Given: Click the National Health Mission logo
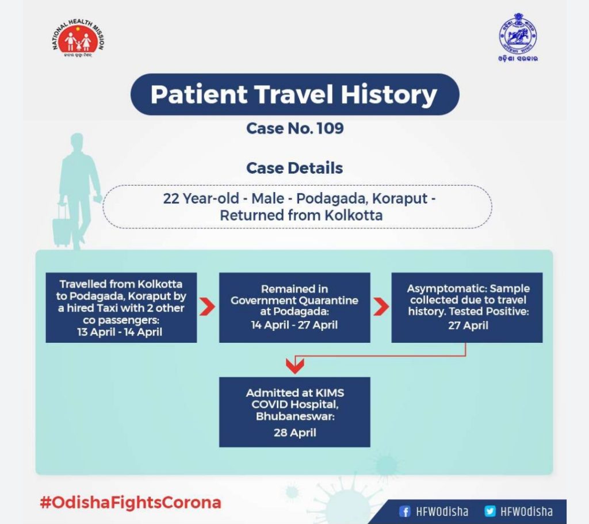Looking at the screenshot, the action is [78, 39].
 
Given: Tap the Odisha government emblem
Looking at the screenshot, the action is [518, 37].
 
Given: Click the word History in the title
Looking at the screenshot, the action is [389, 94].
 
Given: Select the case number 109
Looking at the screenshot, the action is [330, 128].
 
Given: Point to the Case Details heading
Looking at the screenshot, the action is [294, 168].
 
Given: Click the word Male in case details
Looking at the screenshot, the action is [267, 198].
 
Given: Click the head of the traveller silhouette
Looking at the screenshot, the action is [77, 141].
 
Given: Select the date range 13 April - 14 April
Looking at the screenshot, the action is [120, 332].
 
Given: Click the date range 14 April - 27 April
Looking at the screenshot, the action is [294, 325].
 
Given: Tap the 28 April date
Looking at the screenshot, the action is [295, 433].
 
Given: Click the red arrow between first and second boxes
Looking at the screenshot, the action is [207, 307].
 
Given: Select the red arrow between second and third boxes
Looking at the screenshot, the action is [381, 307].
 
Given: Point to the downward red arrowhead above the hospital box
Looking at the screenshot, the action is [295, 366].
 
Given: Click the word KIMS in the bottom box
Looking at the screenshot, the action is [330, 393].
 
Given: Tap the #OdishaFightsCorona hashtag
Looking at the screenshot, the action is [131, 503].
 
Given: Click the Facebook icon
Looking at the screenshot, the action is [404, 511].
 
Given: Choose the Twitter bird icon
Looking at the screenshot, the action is [490, 511].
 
